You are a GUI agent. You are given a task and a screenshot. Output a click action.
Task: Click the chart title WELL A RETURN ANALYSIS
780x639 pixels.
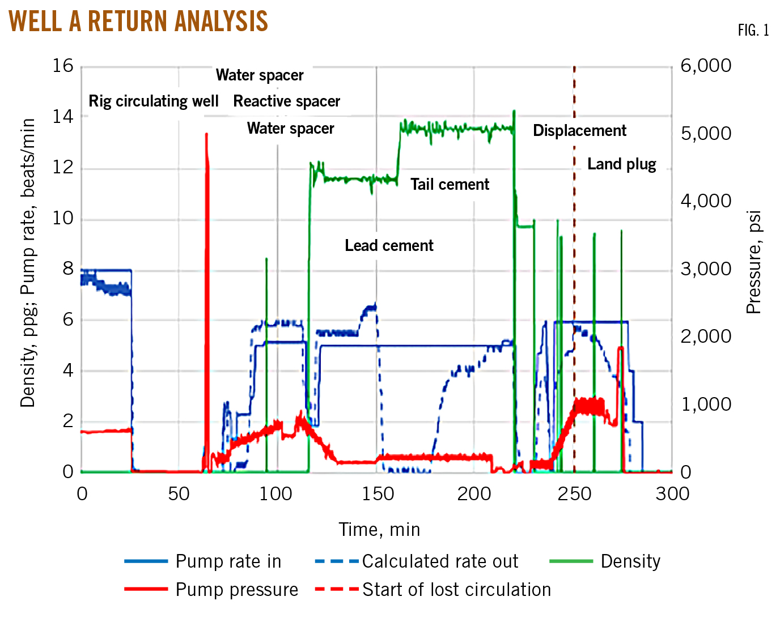click(138, 22)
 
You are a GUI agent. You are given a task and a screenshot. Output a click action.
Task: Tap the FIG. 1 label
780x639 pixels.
click(753, 31)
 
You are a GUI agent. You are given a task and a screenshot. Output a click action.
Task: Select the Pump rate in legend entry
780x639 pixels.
click(228, 561)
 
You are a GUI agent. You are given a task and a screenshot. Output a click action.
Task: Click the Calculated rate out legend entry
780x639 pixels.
click(440, 561)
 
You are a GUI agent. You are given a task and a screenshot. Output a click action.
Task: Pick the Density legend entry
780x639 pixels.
click(630, 561)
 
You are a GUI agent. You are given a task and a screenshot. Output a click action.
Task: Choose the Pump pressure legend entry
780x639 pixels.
click(236, 590)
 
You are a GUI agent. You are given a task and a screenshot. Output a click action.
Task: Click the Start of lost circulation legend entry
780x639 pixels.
click(456, 590)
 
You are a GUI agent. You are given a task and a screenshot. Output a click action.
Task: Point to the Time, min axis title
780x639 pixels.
click(379, 530)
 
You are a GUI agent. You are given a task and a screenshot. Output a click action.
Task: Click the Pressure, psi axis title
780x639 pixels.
click(753, 262)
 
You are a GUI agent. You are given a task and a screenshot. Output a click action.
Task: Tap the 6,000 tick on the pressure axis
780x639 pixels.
click(706, 66)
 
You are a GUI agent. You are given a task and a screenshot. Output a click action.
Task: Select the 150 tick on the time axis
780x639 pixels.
click(378, 494)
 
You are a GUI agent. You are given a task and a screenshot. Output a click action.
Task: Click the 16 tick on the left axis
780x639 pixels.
click(63, 66)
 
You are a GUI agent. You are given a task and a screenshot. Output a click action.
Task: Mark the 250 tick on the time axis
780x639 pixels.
click(574, 494)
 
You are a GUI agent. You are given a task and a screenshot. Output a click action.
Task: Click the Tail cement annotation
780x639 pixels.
click(450, 185)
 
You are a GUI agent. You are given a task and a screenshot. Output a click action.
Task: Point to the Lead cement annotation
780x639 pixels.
click(389, 246)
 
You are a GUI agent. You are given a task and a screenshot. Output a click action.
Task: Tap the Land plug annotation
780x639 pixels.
click(621, 164)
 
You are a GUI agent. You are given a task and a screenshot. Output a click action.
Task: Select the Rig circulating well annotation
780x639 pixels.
click(153, 101)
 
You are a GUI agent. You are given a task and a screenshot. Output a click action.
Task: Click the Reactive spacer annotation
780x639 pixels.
click(286, 101)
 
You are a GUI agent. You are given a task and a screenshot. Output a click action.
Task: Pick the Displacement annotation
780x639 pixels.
click(579, 131)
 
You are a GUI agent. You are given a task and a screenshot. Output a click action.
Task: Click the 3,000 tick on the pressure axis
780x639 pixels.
click(706, 269)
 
